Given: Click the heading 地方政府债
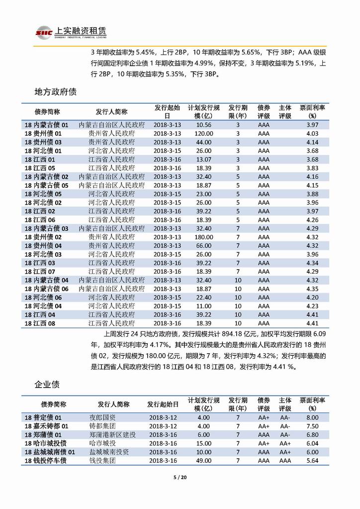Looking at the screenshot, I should coord(55,92).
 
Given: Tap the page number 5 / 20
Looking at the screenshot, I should coord(180,478).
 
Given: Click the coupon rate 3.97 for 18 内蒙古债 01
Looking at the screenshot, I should coord(312,125).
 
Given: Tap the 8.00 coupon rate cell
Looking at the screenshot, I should coord(312,417).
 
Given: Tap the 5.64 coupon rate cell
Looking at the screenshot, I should coord(312,461).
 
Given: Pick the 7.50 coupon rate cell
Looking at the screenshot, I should coord(312,426).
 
